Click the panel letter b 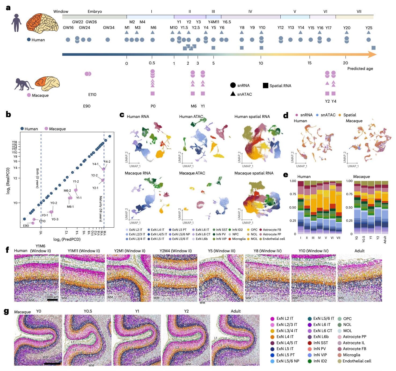(x=8, y=114)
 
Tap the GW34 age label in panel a (x=109, y=28)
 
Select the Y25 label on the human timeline (x=369, y=28)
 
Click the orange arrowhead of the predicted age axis (x=373, y=55)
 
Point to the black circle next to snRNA (x=233, y=86)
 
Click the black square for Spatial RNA (x=265, y=86)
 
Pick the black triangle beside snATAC (x=233, y=94)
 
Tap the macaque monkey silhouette (x=23, y=84)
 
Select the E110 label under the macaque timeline (x=92, y=95)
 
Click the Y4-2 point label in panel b (x=107, y=162)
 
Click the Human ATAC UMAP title (x=191, y=117)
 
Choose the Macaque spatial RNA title (x=254, y=173)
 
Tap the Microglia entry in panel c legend (x=239, y=239)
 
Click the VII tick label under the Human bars (x=338, y=238)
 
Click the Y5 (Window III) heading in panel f (x=222, y=251)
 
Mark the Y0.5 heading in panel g (x=88, y=311)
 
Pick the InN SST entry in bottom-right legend (x=320, y=343)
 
